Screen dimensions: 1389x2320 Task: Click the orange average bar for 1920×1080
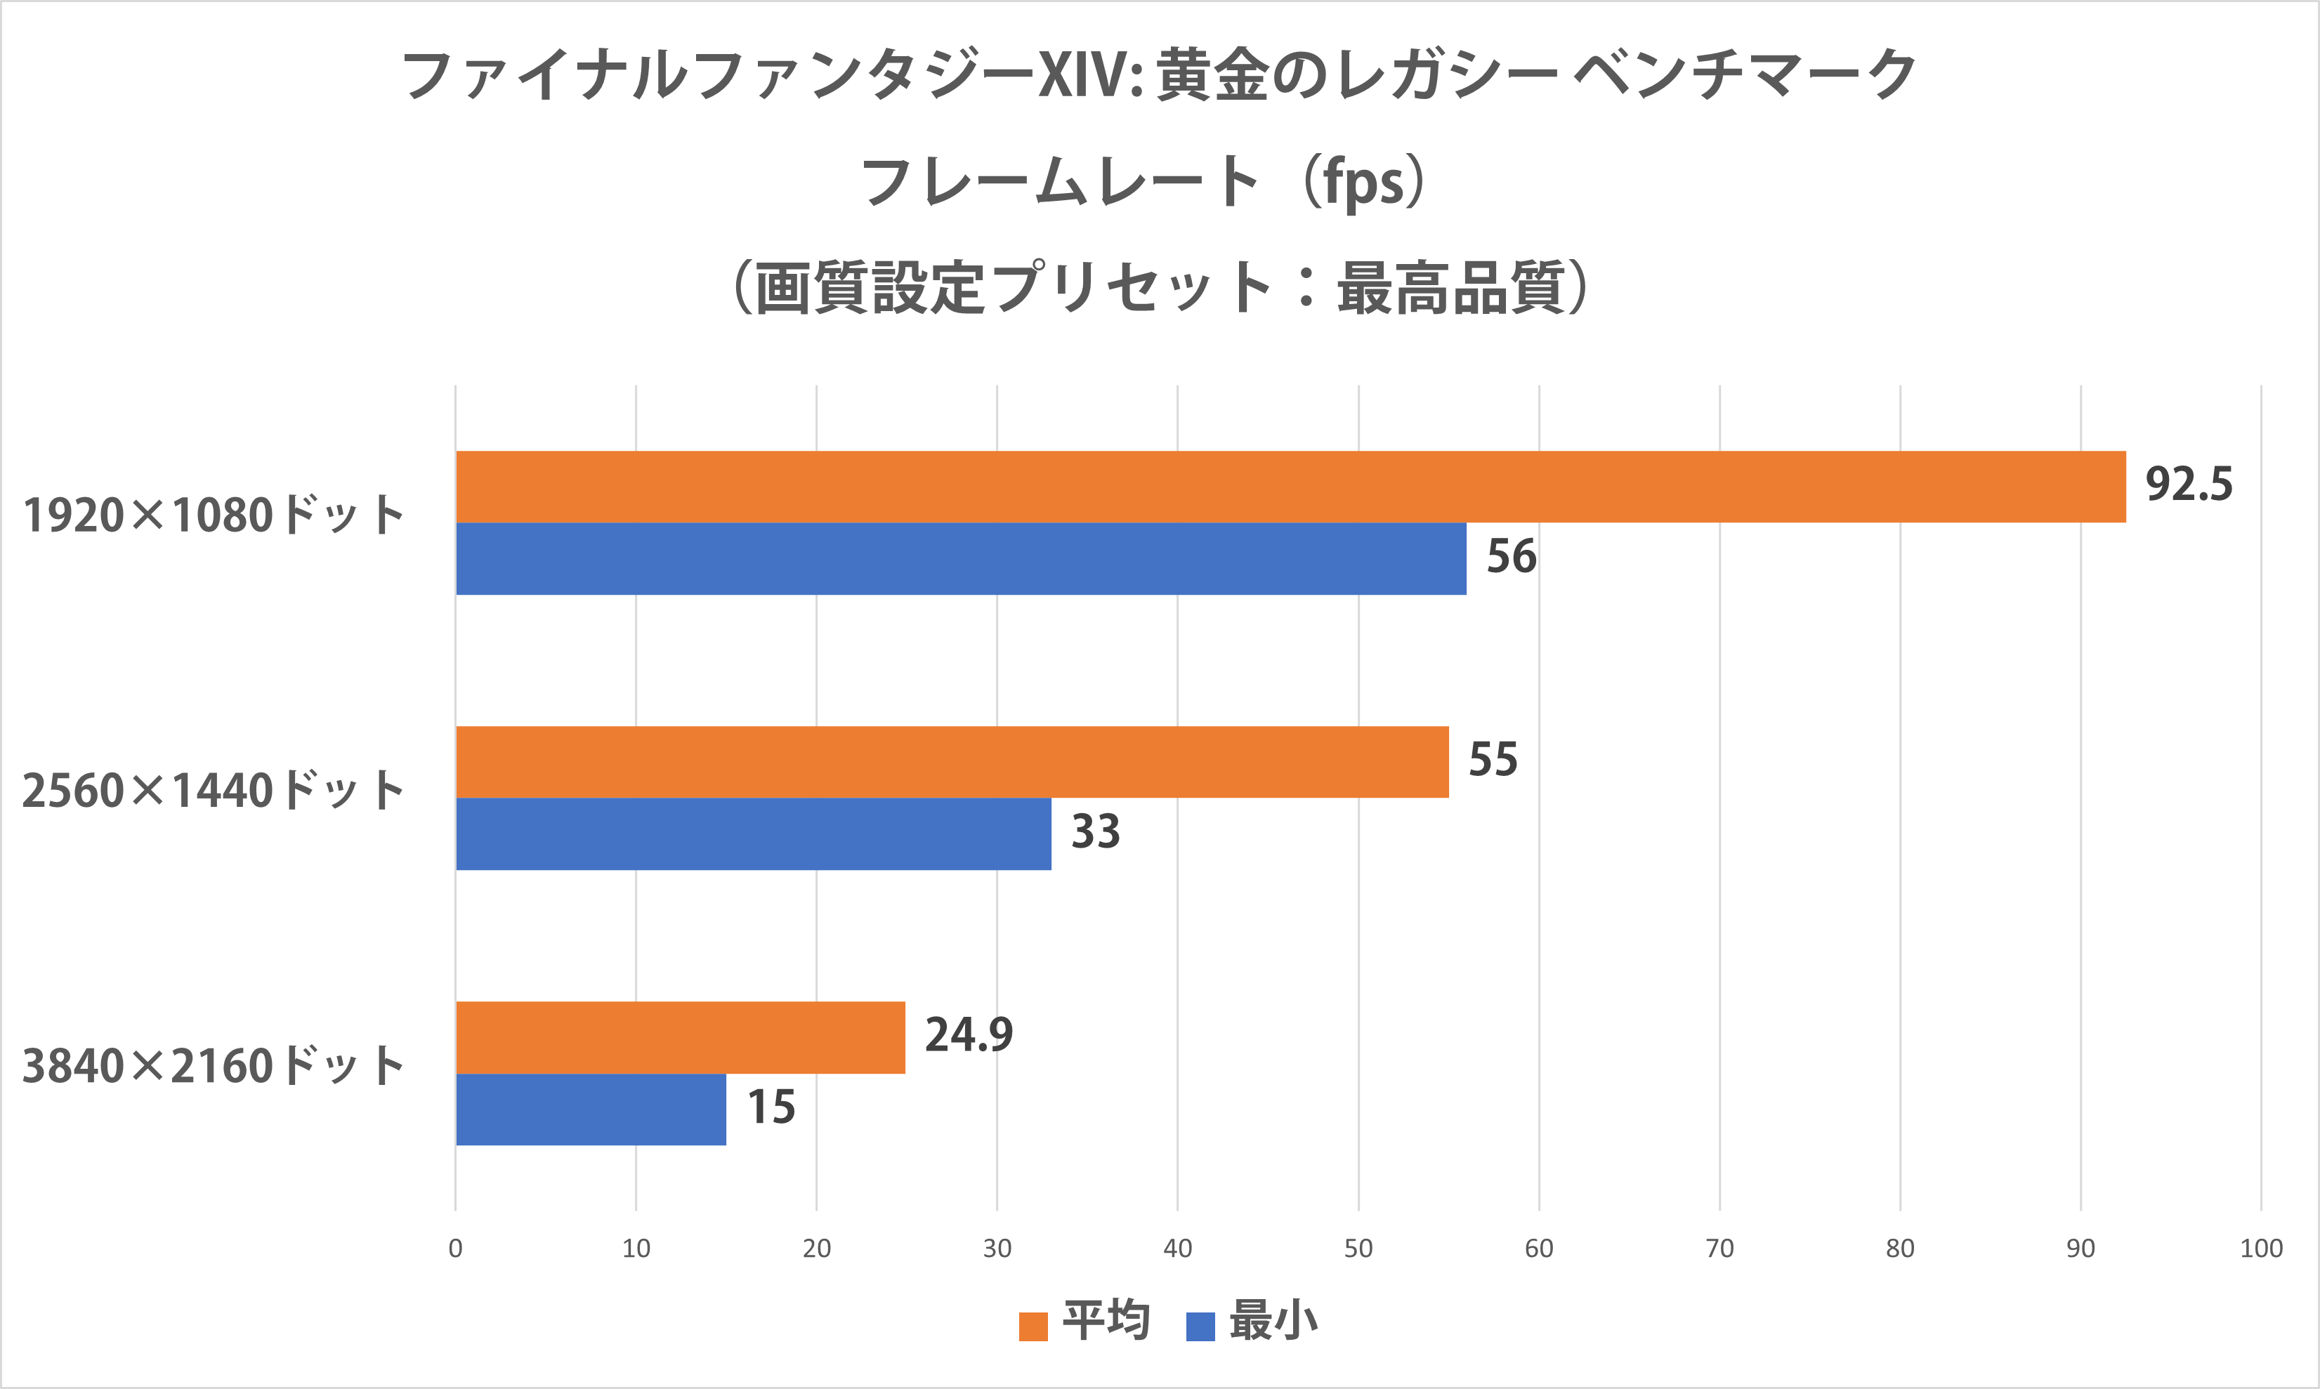coord(1290,487)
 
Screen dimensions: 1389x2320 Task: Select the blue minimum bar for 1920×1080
coord(961,559)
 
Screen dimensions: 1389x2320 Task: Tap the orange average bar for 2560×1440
coord(952,762)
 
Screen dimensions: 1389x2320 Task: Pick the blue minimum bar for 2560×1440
coord(754,834)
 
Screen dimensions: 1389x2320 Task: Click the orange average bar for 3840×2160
coord(681,1037)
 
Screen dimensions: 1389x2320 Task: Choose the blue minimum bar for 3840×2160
coord(591,1109)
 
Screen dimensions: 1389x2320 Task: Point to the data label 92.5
coord(2189,485)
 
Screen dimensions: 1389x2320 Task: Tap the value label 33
coord(1096,832)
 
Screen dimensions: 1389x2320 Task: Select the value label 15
coord(771,1107)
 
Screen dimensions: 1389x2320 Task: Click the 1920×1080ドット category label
coord(214,515)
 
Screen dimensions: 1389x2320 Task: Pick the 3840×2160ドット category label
coord(214,1066)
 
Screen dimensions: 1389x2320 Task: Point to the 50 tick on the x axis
coord(1358,1249)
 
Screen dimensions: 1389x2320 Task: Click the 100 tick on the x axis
coord(2261,1249)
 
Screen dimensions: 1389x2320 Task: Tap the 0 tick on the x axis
coord(456,1249)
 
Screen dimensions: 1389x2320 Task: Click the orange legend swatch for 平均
coord(1033,1327)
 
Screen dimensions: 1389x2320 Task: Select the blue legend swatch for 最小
coord(1200,1327)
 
